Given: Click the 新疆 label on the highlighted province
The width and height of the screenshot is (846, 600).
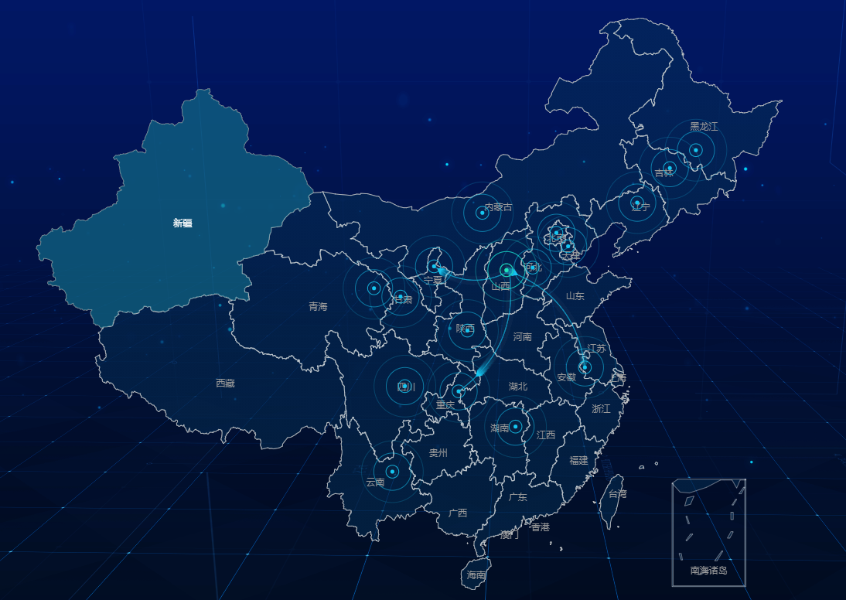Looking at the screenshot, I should [x=183, y=223].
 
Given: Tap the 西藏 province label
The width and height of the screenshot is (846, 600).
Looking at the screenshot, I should [x=225, y=384].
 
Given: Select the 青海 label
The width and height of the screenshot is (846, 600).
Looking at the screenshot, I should [x=318, y=307].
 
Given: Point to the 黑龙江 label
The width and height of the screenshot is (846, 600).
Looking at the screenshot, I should [x=704, y=127].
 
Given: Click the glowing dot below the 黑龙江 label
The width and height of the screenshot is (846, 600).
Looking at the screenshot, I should [x=695, y=150].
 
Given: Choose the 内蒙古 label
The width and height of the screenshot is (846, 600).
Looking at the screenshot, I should [x=498, y=207].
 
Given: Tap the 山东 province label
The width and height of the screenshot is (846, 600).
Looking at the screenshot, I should [x=575, y=296].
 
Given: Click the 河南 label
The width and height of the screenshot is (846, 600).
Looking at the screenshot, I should [x=523, y=337].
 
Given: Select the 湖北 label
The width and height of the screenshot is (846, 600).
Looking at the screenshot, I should [x=518, y=387].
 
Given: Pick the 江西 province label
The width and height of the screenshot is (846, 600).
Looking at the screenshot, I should [x=546, y=435].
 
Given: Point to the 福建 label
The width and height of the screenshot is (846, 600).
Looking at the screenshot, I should [x=578, y=461].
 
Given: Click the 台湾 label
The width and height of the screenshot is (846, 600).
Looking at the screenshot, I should [x=617, y=494].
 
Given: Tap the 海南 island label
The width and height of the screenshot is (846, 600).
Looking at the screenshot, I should [x=476, y=575].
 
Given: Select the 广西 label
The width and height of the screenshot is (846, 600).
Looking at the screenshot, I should [x=458, y=513].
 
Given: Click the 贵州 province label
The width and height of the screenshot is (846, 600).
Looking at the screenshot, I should [x=438, y=453].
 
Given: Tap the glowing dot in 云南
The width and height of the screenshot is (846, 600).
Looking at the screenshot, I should [x=392, y=472].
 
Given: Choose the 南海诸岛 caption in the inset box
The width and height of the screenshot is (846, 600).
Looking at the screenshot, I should [x=708, y=571].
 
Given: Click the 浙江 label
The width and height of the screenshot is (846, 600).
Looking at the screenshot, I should [x=601, y=409].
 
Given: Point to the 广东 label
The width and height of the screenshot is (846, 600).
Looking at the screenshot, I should [x=518, y=497].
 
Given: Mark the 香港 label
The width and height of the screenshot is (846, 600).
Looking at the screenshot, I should [x=541, y=527].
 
